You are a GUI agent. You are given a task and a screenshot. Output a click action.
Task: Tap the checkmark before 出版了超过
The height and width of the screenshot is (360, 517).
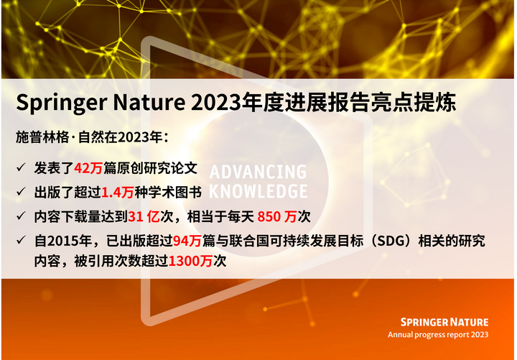(x=22, y=192)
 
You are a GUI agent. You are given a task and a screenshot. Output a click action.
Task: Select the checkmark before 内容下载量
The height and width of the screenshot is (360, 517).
(x=22, y=216)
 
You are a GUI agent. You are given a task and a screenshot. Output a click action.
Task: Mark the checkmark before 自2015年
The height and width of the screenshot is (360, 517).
(x=22, y=241)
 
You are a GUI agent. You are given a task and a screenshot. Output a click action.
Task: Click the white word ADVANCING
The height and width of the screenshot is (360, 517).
(x=257, y=172)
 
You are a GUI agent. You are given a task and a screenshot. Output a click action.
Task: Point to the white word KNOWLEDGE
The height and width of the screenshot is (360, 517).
(x=257, y=191)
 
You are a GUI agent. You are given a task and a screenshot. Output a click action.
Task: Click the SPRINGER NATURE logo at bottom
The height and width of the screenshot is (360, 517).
(x=444, y=322)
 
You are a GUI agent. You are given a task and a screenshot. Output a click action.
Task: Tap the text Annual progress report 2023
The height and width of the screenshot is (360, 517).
(x=438, y=335)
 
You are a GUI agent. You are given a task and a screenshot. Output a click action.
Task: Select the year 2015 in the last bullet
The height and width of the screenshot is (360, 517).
(x=60, y=241)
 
